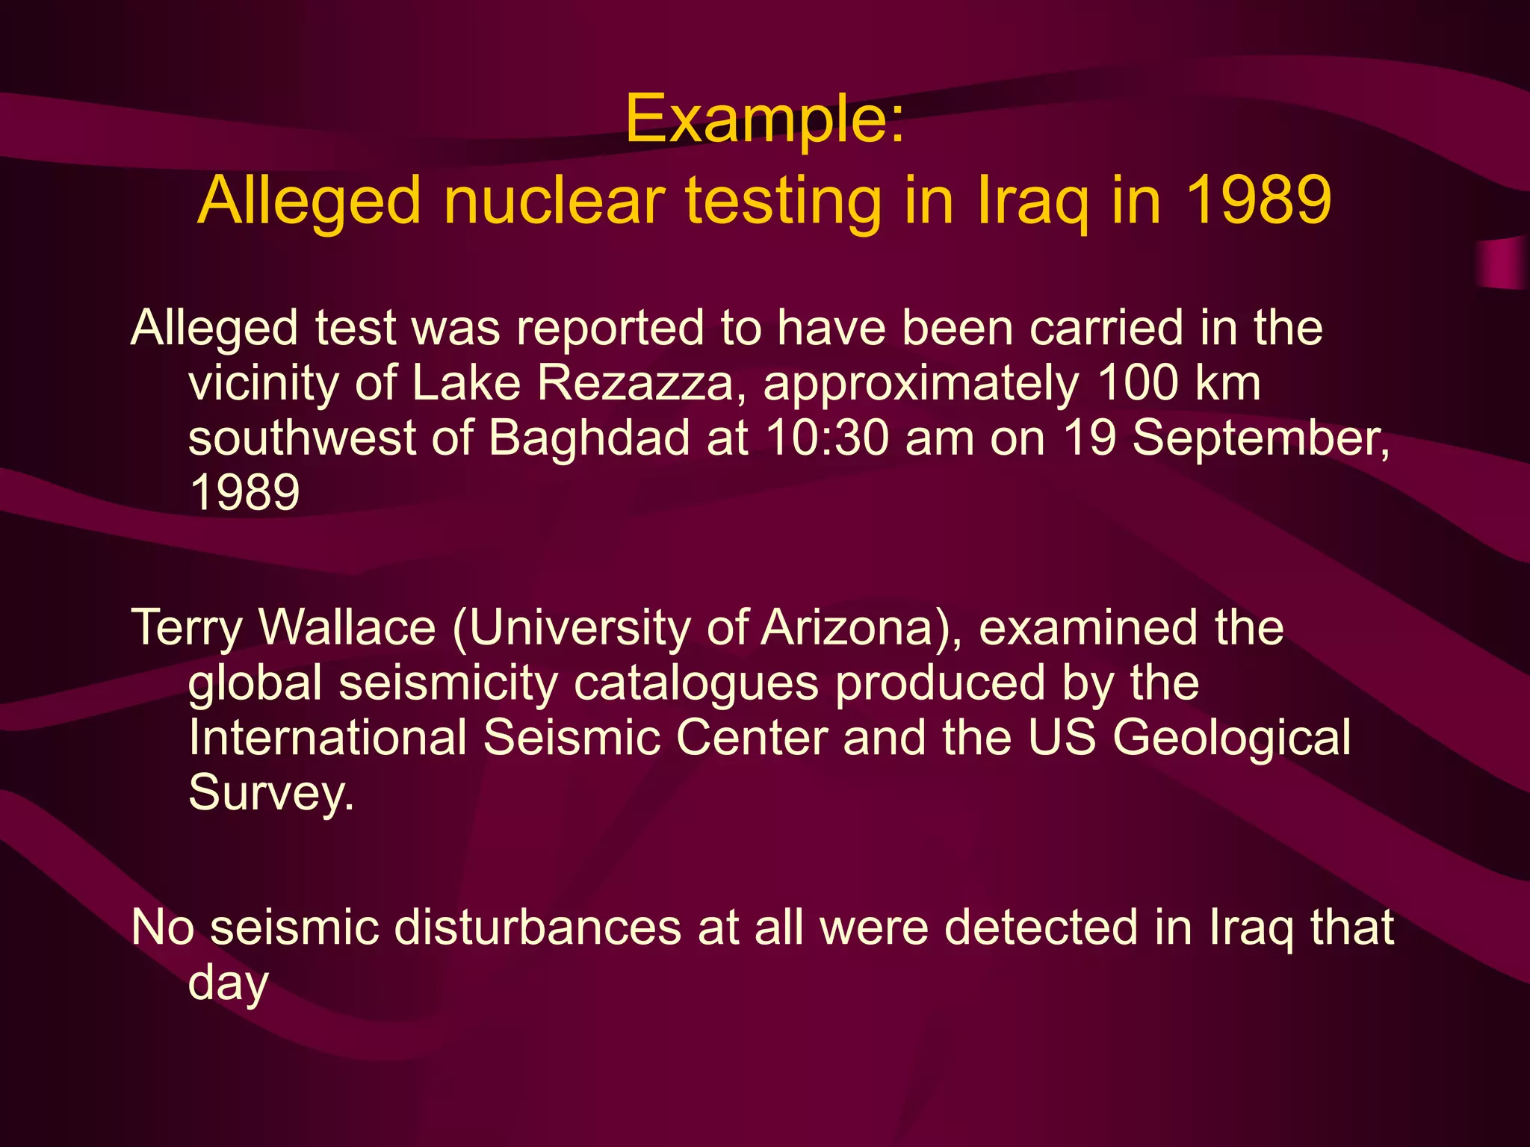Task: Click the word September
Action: point(1261,439)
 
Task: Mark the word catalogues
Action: point(696,684)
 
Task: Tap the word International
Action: point(328,738)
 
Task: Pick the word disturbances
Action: point(537,927)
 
